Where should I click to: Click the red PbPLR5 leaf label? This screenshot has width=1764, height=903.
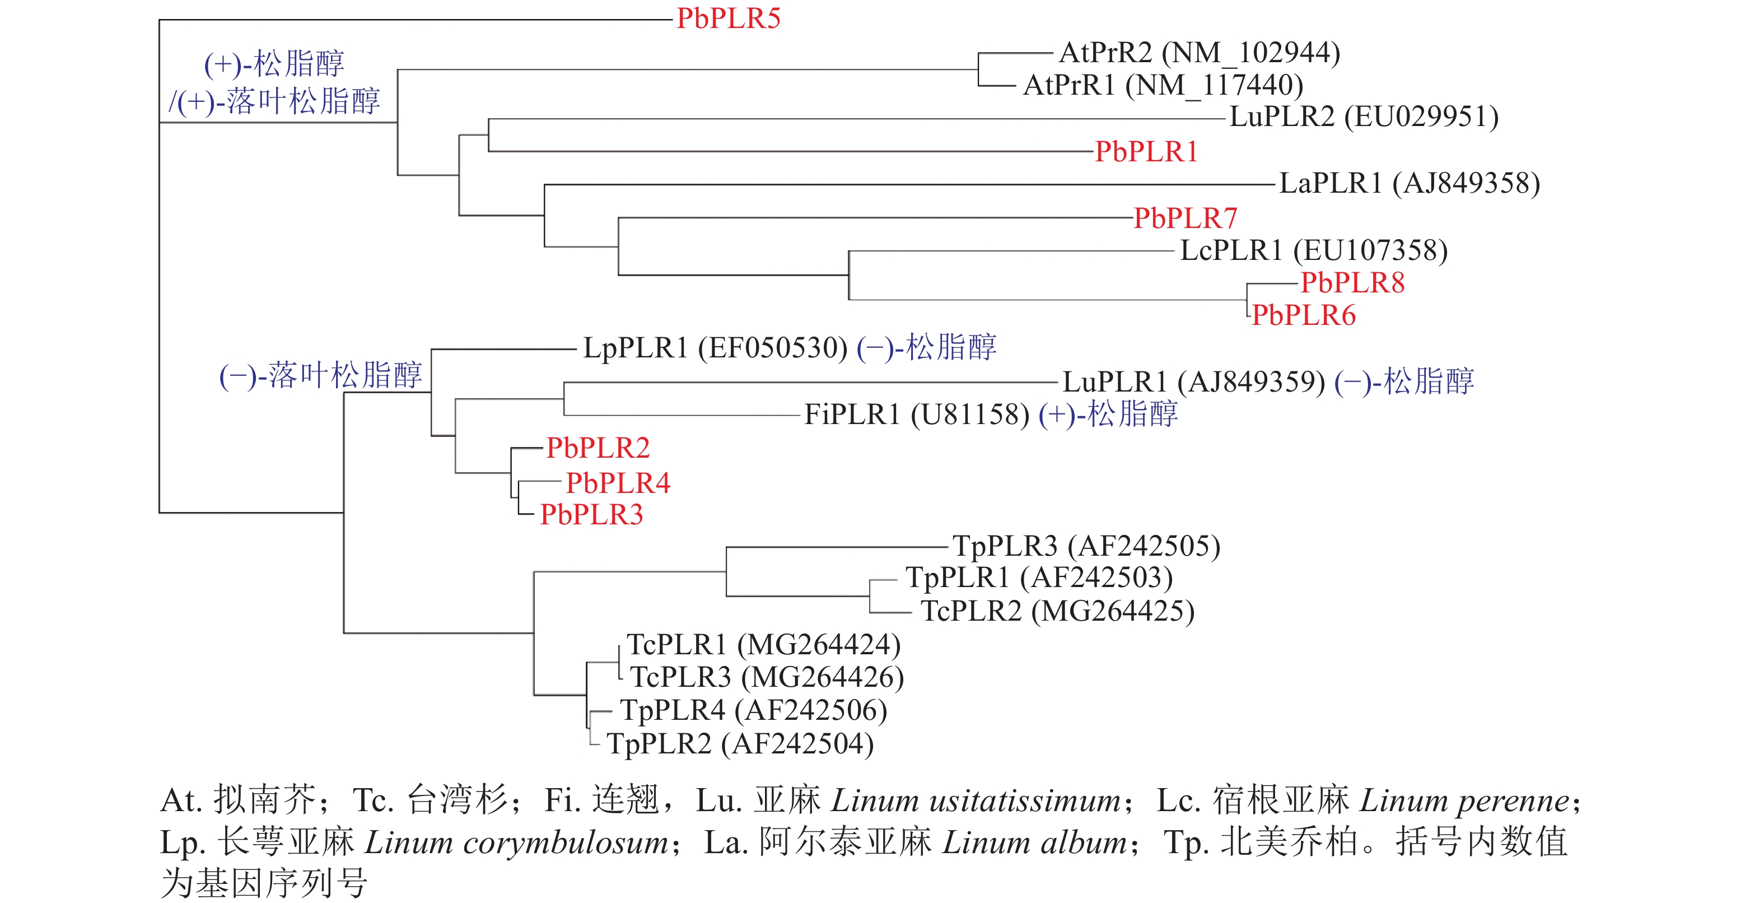(728, 18)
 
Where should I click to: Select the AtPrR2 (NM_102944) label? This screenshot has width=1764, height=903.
(1199, 53)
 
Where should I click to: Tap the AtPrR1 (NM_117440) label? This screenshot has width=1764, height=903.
(1163, 86)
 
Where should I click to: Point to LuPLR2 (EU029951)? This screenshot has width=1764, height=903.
(1364, 117)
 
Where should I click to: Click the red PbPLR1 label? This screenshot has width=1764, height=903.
(1146, 151)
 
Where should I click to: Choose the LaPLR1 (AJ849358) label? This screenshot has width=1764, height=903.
(1410, 183)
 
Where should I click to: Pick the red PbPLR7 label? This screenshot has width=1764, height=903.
(1186, 218)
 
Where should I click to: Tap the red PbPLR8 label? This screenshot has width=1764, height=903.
(1352, 282)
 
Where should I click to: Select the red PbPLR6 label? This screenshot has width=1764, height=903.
(1304, 315)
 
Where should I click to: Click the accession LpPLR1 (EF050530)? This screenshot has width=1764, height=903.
(715, 348)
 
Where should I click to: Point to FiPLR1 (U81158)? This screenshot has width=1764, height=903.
(916, 415)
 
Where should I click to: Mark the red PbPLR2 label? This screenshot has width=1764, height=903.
(598, 448)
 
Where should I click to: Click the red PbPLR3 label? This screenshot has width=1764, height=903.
(592, 515)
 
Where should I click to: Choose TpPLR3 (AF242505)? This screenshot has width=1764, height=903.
(1087, 546)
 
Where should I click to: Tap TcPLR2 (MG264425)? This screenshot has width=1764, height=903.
(1057, 611)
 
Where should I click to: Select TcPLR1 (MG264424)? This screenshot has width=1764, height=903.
(763, 645)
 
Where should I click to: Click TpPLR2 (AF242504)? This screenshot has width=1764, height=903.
(740, 744)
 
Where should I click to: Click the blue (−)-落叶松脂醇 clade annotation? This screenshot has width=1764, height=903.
(320, 375)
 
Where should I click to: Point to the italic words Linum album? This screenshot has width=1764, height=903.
(1034, 842)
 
